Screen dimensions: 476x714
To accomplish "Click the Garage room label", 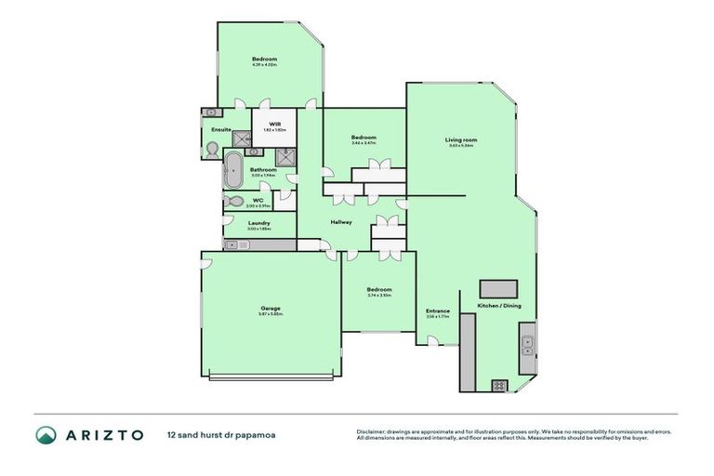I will pos(270,308).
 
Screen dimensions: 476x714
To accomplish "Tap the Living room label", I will pos(461,139).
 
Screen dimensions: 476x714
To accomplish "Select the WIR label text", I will pos(275,124).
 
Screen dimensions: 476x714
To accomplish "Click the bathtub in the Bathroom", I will pos(232,172).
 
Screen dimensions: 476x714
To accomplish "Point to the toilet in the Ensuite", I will pos(213,148).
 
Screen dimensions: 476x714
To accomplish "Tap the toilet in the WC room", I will pos(232,201).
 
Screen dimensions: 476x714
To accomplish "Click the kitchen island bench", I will pos(498,287).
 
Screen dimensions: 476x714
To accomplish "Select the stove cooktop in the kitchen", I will pos(499,384).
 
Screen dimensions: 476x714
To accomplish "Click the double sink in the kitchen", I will pos(526,345).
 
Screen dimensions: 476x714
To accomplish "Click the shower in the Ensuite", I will pos(245,139).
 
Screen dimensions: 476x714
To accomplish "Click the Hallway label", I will pos(341,221).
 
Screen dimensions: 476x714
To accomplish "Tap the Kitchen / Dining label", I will pos(495,306).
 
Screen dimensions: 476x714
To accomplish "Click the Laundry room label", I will pos(259,222).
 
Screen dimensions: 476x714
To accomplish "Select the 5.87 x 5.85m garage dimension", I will pos(270,314).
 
